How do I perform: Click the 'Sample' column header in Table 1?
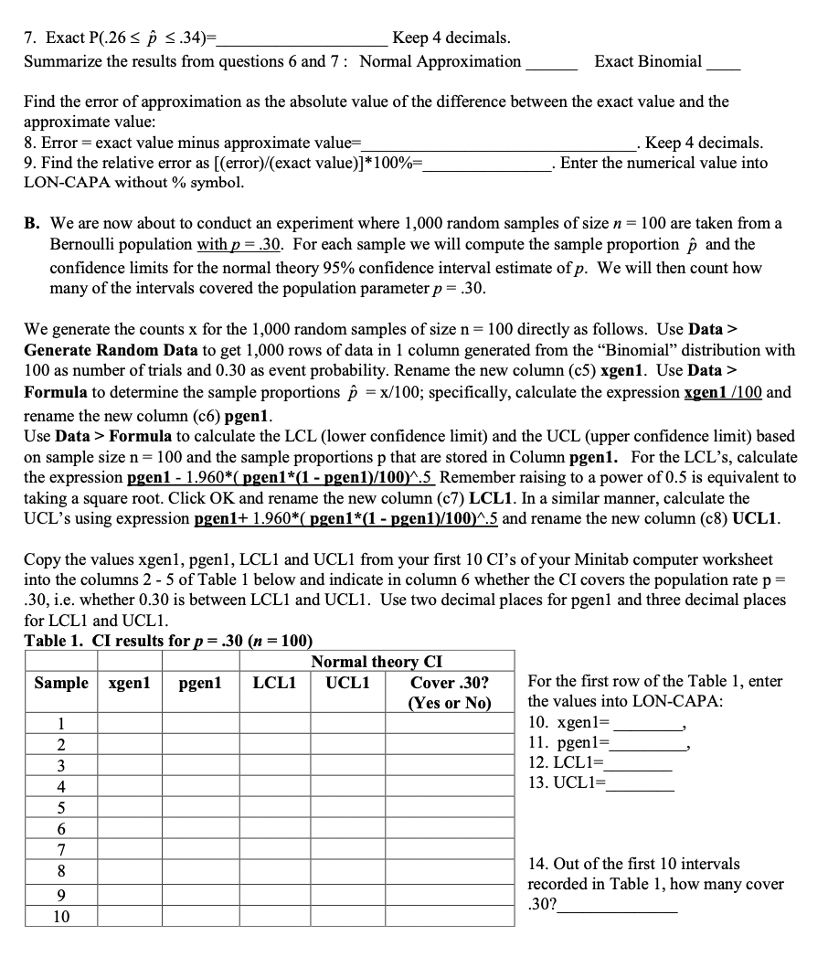(x=61, y=683)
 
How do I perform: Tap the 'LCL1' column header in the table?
(x=273, y=683)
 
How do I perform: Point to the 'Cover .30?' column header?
(x=449, y=683)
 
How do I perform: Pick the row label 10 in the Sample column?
(x=61, y=916)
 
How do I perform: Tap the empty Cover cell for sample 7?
(x=449, y=847)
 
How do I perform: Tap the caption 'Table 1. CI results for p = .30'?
(x=168, y=640)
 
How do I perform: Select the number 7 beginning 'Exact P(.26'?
(x=30, y=37)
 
